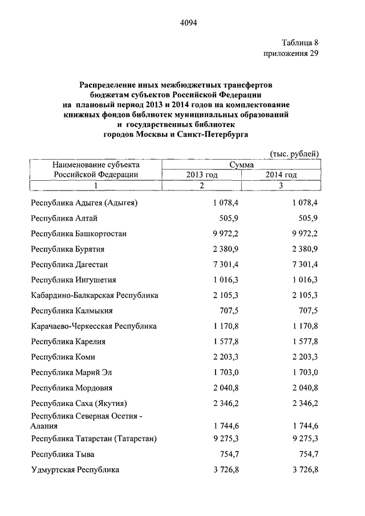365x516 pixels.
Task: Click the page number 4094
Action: point(188,23)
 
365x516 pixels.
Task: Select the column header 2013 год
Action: point(202,175)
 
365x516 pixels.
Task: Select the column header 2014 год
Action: point(281,175)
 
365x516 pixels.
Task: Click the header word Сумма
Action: point(241,165)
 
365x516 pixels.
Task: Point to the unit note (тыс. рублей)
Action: point(294,153)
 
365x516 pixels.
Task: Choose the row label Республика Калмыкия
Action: point(72,311)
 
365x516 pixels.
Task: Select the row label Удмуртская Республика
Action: point(75,470)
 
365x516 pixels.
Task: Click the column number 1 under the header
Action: point(96,185)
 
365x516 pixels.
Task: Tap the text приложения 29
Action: point(290,54)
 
